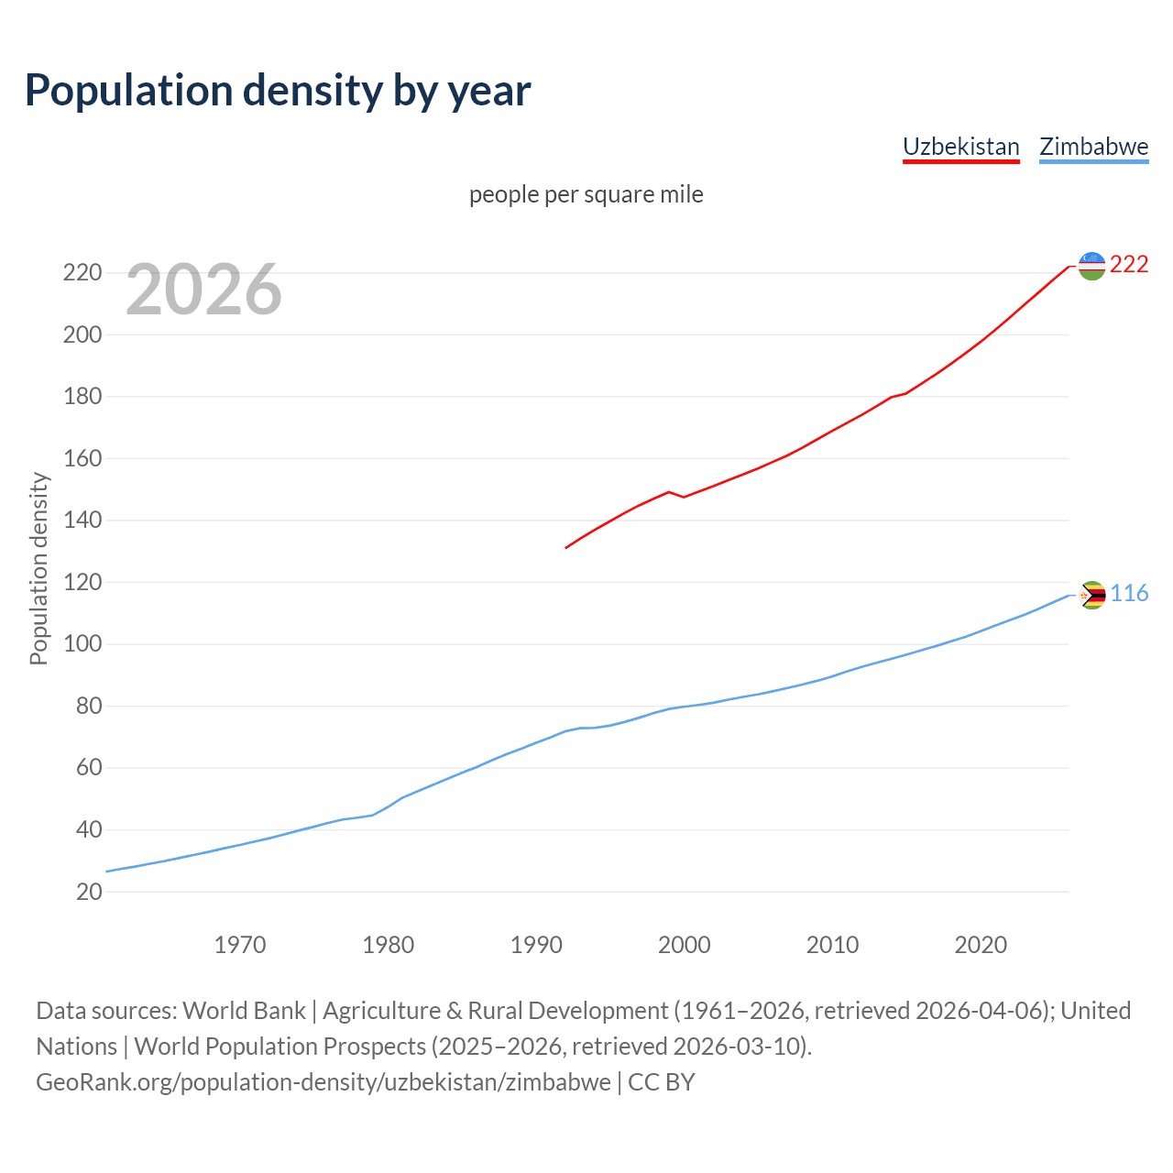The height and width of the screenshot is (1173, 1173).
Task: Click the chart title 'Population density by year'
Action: pyautogui.click(x=278, y=90)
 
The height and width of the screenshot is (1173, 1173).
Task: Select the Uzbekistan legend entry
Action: pyautogui.click(x=960, y=147)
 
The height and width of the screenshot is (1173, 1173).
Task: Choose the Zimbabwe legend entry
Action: pyautogui.click(x=1093, y=147)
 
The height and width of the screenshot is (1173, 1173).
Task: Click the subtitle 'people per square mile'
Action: pyautogui.click(x=586, y=194)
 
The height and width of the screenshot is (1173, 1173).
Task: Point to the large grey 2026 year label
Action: pyautogui.click(x=203, y=290)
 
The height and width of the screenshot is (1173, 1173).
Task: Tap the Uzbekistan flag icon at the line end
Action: pyautogui.click(x=1091, y=266)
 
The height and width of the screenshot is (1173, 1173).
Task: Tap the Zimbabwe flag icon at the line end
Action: pyautogui.click(x=1092, y=596)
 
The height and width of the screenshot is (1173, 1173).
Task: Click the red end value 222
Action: pyautogui.click(x=1129, y=265)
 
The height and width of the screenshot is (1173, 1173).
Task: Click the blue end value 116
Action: pyautogui.click(x=1129, y=594)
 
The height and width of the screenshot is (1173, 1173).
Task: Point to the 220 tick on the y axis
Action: pyautogui.click(x=82, y=273)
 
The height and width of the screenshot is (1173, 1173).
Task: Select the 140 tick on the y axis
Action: pyautogui.click(x=82, y=521)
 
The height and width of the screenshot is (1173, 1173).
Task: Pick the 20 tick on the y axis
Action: pyautogui.click(x=88, y=892)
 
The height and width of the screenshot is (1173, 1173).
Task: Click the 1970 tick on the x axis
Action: pyautogui.click(x=240, y=945)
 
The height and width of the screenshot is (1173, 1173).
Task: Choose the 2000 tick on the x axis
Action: pyautogui.click(x=685, y=945)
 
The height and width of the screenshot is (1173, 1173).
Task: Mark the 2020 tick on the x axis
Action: pyautogui.click(x=981, y=945)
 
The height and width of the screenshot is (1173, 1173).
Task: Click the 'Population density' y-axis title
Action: pyautogui.click(x=38, y=568)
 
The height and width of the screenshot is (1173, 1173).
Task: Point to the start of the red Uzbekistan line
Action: pyautogui.click(x=566, y=548)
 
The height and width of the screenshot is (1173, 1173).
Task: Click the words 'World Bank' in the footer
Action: pyautogui.click(x=244, y=1011)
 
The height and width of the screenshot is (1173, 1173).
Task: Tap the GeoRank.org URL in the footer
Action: pyautogui.click(x=323, y=1082)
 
